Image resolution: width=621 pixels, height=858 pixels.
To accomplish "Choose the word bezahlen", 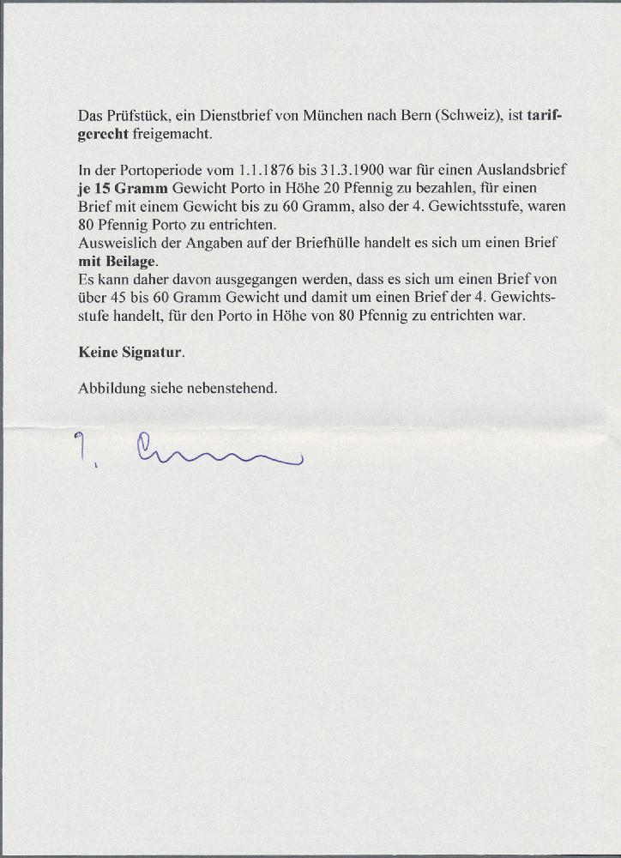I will click(x=412, y=188).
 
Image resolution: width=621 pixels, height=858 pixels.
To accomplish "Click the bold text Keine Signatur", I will click(x=130, y=352).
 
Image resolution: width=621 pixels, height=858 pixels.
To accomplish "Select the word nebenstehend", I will click(x=236, y=388).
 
